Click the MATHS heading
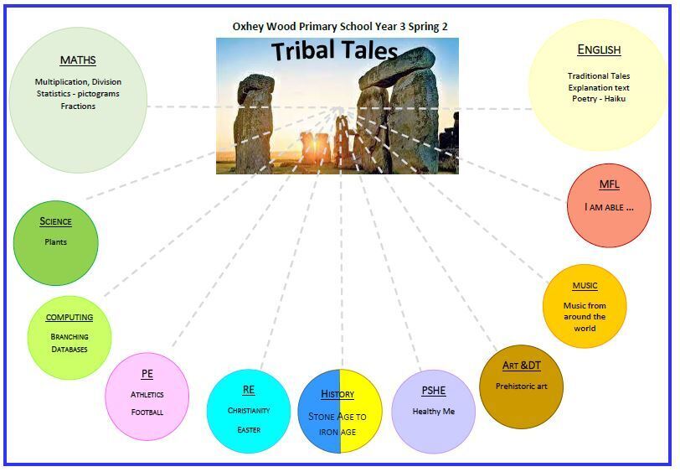(78, 60)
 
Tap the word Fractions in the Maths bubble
(78, 106)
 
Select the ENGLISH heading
(599, 50)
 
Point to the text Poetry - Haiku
(598, 99)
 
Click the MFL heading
(609, 184)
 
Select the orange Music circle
(585, 306)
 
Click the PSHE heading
(433, 391)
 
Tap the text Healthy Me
(433, 412)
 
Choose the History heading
(338, 394)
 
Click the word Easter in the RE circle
(249, 430)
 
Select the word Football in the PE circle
(147, 412)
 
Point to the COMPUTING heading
(70, 318)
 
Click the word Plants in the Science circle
(56, 242)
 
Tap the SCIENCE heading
(56, 222)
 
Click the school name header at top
(340, 26)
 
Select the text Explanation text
(598, 87)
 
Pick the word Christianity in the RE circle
(249, 411)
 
